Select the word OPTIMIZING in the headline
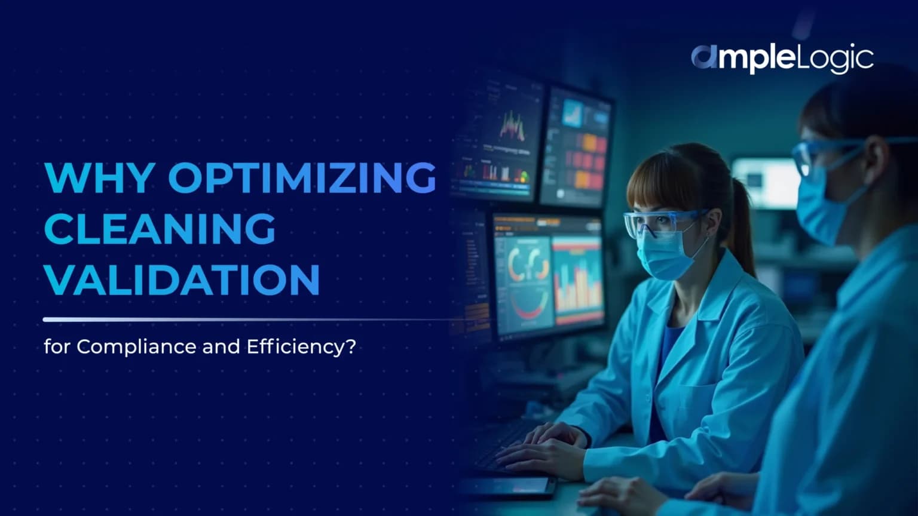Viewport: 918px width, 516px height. coord(302,177)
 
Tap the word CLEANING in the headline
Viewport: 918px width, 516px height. coord(160,228)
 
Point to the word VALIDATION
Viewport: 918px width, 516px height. coord(182,279)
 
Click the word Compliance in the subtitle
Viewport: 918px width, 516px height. coord(137,346)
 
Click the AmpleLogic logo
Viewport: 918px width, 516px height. coord(782,59)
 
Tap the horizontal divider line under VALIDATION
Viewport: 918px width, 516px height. coord(239,320)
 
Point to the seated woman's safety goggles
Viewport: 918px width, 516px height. coord(657,222)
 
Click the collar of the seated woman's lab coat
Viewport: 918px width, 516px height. coord(687,299)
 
